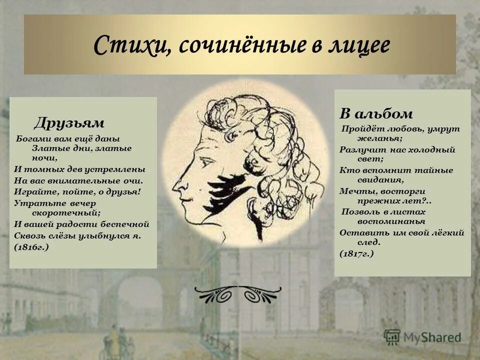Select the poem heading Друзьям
coord(69,123)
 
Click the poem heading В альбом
coord(376,113)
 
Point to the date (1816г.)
coord(31,247)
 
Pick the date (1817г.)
coord(356,253)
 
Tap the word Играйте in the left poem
coord(30,191)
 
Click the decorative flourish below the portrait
coord(238,294)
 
